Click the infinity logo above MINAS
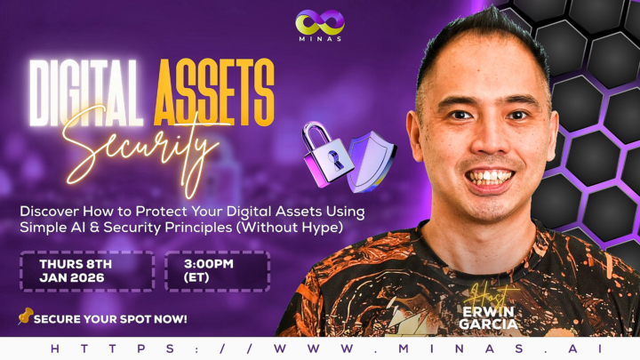tap(320, 21)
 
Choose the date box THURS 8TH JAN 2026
tap(87, 271)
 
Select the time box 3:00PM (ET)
tap(217, 271)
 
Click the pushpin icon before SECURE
tap(25, 316)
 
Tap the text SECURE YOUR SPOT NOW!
tap(110, 318)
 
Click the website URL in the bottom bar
tap(320, 348)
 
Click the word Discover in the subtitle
tap(59, 212)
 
